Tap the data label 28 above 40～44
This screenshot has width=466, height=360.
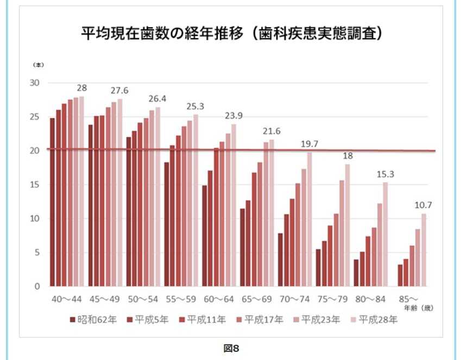pyautogui.click(x=82, y=88)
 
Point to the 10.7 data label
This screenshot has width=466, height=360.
pyautogui.click(x=424, y=205)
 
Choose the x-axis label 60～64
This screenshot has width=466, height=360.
pyautogui.click(x=219, y=300)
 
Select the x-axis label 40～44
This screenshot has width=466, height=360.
pyautogui.click(x=67, y=300)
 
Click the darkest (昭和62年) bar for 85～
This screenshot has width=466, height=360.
pyautogui.click(x=400, y=275)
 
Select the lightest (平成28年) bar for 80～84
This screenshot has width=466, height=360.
pyautogui.click(x=385, y=234)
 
